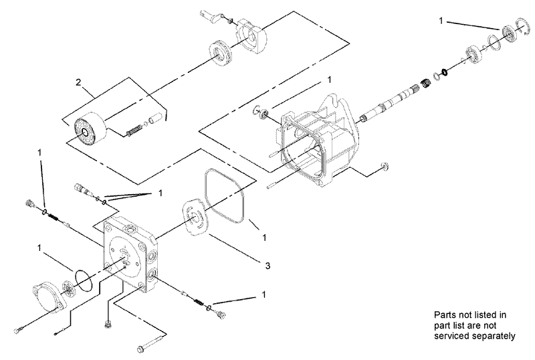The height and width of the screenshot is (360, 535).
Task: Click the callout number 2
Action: pyautogui.click(x=78, y=82)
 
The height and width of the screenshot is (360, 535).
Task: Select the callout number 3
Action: pyautogui.click(x=267, y=266)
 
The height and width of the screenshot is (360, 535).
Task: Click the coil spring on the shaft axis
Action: pyautogui.click(x=423, y=85)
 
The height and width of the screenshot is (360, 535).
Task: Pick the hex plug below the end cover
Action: pyautogui.click(x=108, y=325)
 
